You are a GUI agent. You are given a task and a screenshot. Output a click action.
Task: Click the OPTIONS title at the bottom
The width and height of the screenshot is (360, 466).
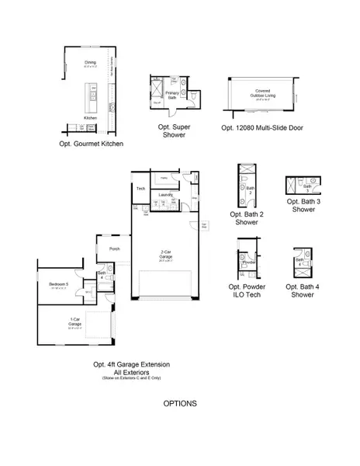coord(180,404)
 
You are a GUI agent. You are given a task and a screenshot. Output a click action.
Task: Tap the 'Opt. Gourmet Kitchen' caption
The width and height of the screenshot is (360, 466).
coord(91,144)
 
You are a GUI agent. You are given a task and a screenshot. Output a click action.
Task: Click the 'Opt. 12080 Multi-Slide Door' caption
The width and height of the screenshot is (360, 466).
coord(261,127)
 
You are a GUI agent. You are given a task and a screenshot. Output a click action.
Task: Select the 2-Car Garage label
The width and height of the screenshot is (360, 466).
coord(164,253)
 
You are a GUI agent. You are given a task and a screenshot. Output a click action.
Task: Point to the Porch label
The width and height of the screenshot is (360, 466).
coord(115,249)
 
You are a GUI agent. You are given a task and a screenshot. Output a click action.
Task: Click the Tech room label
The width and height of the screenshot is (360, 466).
coord(140,189)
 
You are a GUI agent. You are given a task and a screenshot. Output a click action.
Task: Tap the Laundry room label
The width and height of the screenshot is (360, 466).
coord(165,195)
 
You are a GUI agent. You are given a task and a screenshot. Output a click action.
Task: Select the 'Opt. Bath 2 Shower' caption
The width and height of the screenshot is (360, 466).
coord(247,218)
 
